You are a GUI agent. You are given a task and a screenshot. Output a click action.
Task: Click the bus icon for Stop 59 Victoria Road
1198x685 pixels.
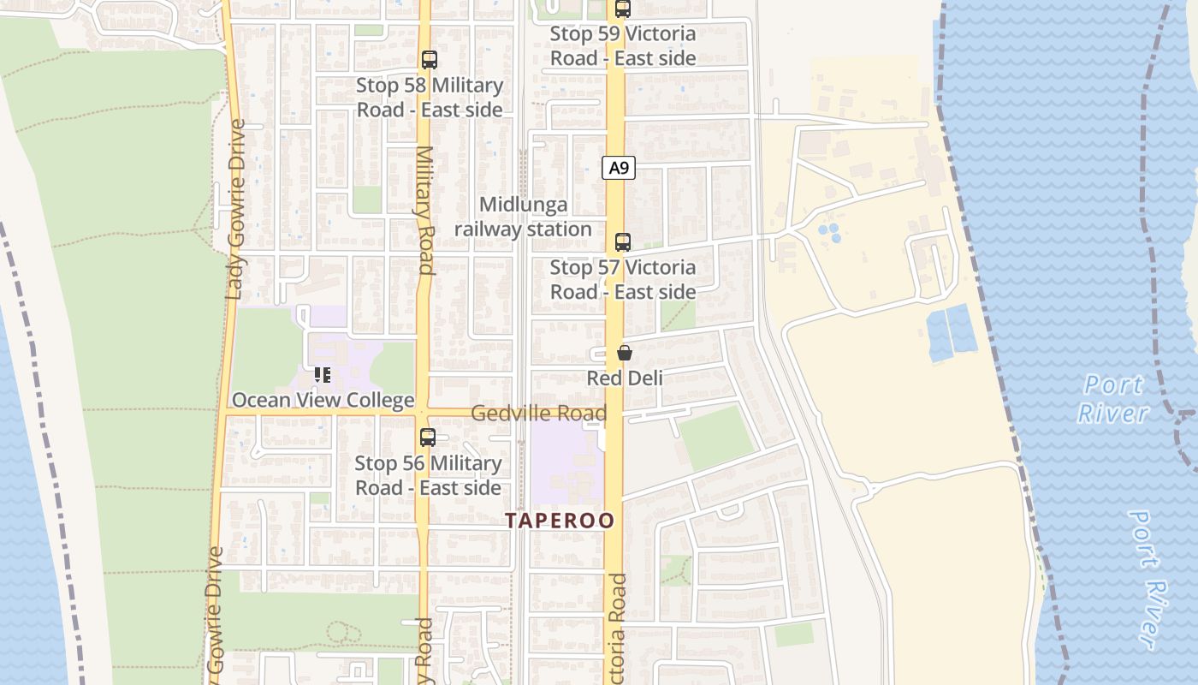[x=623, y=9]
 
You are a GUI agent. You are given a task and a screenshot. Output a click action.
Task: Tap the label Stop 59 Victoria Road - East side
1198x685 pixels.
[x=622, y=46]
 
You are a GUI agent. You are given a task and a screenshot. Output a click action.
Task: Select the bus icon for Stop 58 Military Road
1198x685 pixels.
[x=430, y=60]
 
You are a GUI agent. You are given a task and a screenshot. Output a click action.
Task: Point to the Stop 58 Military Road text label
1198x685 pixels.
[x=430, y=98]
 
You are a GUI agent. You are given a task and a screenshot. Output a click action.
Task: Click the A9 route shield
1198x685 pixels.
[x=619, y=168]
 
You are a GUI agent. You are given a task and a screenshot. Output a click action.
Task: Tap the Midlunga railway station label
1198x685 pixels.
[x=523, y=217]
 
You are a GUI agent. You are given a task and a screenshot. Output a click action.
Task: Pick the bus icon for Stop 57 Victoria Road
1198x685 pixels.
[x=623, y=242]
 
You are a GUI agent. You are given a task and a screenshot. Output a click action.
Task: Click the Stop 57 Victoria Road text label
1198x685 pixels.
[x=622, y=280]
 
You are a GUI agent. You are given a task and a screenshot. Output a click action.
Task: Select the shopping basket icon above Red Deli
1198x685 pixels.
[x=625, y=353]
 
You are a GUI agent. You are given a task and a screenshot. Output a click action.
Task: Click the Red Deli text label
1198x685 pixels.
[x=625, y=378]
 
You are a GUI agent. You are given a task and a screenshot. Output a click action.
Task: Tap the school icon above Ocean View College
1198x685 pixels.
[x=323, y=375]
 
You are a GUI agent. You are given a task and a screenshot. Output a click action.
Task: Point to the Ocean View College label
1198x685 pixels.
[x=323, y=400]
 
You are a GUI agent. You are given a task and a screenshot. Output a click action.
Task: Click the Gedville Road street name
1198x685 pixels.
[x=539, y=414]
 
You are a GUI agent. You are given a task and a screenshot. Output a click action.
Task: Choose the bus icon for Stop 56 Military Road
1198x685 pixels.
[x=428, y=438]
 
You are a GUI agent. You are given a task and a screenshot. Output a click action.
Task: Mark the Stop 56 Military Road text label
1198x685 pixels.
[x=428, y=475]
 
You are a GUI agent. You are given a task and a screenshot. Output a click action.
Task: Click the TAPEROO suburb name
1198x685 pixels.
[x=560, y=521]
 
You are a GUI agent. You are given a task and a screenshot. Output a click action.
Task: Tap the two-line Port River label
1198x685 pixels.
[x=1113, y=399]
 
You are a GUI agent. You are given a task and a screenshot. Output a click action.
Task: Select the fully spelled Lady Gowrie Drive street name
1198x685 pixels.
[x=236, y=209]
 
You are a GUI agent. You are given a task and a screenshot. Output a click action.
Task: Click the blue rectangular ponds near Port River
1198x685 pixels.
[x=951, y=333]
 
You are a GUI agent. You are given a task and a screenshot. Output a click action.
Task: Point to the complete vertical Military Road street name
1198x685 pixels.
[x=425, y=210]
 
